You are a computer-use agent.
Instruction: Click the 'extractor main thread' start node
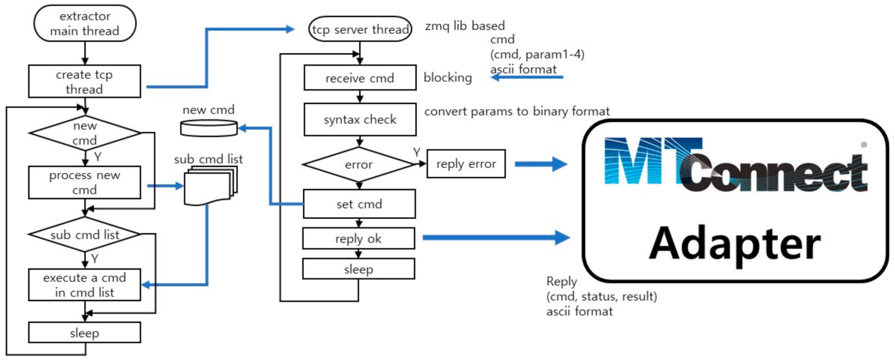coord(84,23)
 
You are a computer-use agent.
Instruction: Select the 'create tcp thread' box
coord(84,81)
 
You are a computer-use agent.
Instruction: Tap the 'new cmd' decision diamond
coord(84,133)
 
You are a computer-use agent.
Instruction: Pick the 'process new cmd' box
coord(84,182)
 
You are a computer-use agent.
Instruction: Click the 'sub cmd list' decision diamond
coord(84,235)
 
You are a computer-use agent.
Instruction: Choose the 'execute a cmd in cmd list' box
coord(84,285)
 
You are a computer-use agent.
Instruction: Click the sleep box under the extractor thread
coord(84,333)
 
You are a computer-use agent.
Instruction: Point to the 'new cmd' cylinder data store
coord(209,128)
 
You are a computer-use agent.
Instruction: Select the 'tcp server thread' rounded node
coord(360,29)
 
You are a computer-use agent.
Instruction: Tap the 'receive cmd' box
coord(360,78)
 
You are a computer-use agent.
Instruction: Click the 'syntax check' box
coord(360,119)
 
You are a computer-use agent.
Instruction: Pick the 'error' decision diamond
coord(359,165)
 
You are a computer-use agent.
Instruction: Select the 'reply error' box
coord(466,164)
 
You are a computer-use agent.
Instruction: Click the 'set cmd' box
coord(359,204)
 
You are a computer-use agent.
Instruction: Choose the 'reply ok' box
coord(358,239)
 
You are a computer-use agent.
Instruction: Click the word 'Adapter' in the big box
coord(734,243)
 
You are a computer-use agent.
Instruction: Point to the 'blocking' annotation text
coord(447,77)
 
